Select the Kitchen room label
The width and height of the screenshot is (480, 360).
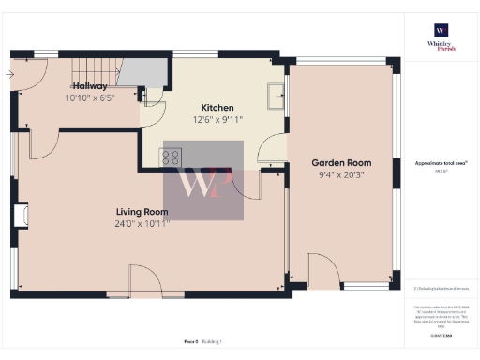point(217,108)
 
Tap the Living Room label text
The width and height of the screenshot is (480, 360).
point(142,212)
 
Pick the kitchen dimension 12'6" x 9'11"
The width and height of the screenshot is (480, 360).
point(217,119)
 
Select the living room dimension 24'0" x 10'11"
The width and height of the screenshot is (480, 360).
point(142,224)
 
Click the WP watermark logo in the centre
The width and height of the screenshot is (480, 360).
point(203,181)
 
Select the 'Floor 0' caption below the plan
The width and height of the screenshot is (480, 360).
point(190,342)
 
